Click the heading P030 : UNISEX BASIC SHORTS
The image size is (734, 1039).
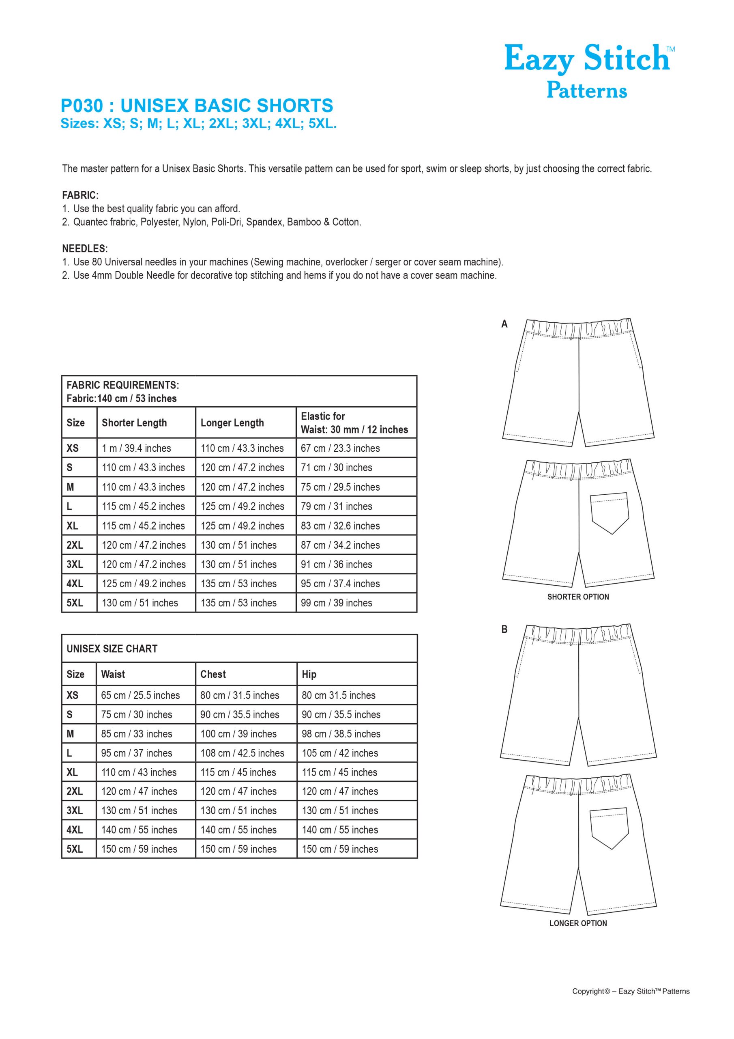tap(197, 106)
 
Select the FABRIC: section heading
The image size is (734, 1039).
tap(80, 196)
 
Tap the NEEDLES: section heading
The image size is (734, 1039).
tap(85, 248)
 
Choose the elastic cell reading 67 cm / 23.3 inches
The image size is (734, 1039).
tap(340, 448)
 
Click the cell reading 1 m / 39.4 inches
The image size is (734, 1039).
tap(136, 448)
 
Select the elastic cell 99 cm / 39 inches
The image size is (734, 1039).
tap(337, 603)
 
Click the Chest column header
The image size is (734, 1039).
tap(213, 674)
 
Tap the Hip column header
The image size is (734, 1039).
tap(309, 674)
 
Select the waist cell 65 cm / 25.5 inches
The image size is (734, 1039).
tap(140, 695)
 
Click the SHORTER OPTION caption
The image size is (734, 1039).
tap(578, 597)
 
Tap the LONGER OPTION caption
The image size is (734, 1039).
tap(578, 923)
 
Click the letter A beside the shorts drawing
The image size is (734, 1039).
tap(504, 324)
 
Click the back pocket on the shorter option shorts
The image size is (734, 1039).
tap(610, 512)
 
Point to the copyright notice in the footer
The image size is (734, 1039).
tap(631, 1004)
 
